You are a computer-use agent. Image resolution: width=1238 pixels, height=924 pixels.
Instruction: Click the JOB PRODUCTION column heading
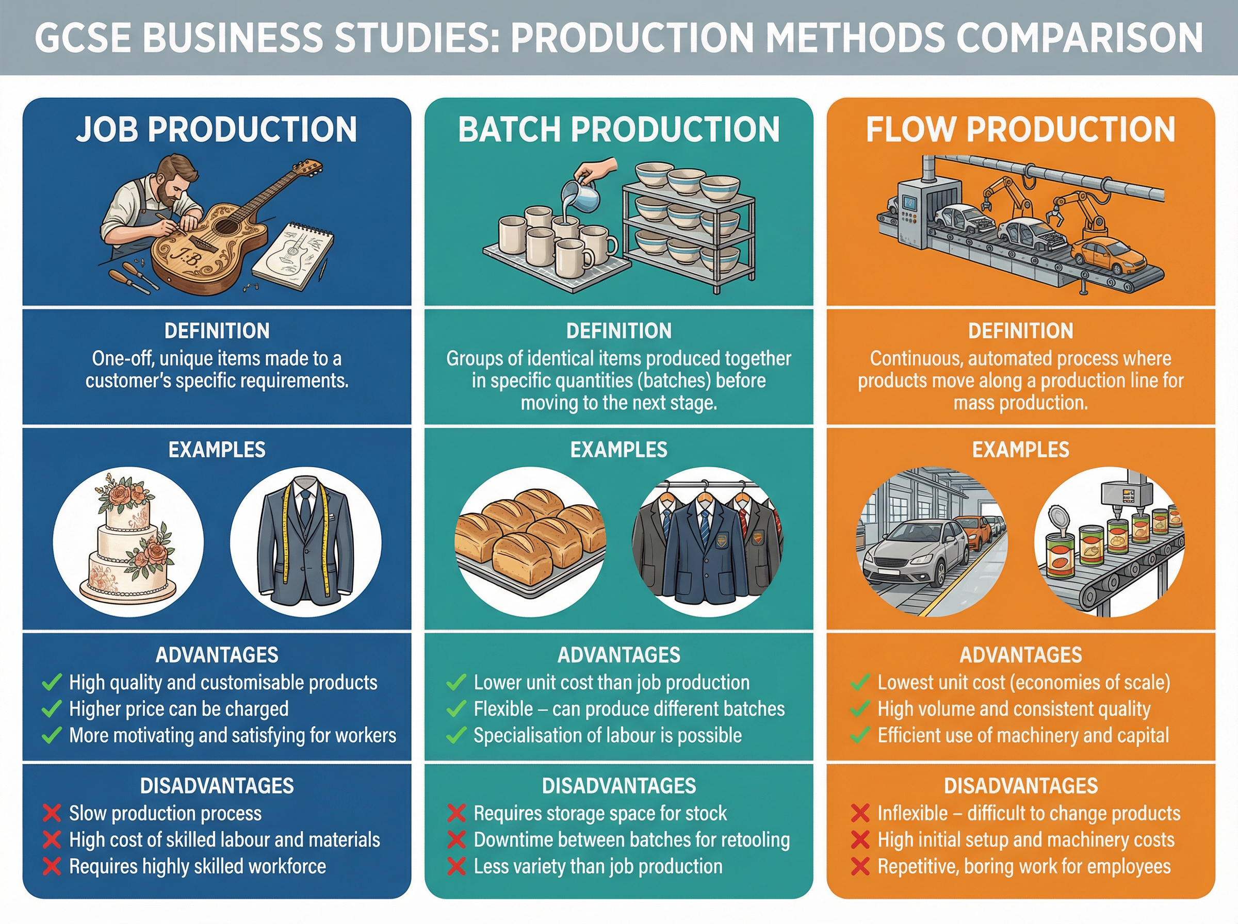click(217, 130)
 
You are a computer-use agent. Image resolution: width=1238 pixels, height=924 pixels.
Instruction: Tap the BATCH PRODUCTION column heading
click(618, 130)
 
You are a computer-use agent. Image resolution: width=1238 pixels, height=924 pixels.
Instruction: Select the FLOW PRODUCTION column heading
click(1020, 130)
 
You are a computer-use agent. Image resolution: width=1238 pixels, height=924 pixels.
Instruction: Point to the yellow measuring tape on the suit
click(286, 537)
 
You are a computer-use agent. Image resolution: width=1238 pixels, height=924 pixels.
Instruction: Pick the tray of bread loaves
click(530, 541)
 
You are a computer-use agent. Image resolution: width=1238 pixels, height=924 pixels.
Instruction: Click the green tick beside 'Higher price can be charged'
click(52, 709)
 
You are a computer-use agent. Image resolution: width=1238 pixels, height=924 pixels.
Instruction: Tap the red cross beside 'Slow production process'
click(52, 813)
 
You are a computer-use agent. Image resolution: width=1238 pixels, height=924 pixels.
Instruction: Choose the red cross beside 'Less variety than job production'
click(457, 866)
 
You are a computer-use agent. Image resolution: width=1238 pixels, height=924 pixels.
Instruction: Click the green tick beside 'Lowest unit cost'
click(860, 682)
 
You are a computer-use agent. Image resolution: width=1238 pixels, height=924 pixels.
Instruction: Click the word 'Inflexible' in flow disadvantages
click(913, 813)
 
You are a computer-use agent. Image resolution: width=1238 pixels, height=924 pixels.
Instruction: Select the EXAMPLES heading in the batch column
click(618, 450)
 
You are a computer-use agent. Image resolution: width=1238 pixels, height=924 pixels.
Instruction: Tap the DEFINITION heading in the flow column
click(1020, 331)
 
